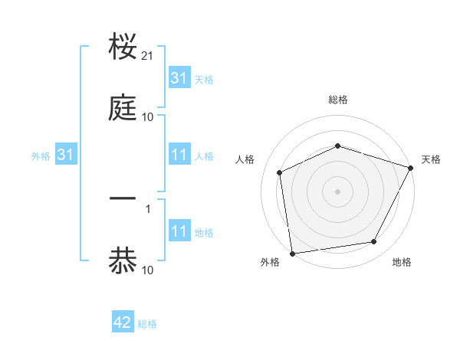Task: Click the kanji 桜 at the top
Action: point(123,47)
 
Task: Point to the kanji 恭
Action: point(123,259)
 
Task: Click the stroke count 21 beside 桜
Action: point(148,57)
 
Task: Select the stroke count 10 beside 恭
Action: point(148,270)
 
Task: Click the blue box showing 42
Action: point(123,322)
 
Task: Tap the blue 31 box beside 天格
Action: point(179,77)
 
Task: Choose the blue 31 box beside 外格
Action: point(66,155)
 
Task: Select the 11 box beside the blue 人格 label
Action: point(179,155)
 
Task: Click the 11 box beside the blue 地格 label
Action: point(179,231)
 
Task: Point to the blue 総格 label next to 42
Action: point(147,323)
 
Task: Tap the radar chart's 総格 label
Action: point(337,100)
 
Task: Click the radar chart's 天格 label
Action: point(431,159)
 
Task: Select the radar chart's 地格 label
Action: point(402,263)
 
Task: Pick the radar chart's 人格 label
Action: point(245,159)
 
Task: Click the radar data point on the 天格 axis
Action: point(411,168)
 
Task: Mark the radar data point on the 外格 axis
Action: point(292,253)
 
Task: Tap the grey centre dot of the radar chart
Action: point(337,191)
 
